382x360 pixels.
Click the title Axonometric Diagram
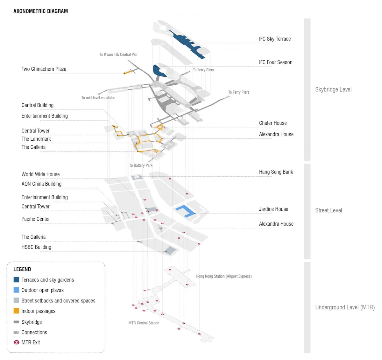click(40, 11)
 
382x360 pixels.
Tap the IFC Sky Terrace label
click(275, 39)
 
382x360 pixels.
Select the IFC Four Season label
click(275, 62)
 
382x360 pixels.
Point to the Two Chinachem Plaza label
click(44, 69)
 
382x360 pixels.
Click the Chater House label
click(273, 123)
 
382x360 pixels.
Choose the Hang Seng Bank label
click(276, 172)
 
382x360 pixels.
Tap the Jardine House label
click(273, 209)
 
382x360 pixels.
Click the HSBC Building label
click(36, 247)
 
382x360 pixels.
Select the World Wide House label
click(40, 174)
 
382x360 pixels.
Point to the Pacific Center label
click(36, 219)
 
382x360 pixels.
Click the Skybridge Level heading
click(333, 89)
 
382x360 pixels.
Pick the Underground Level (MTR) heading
click(345, 307)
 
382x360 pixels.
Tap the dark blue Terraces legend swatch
click(17, 280)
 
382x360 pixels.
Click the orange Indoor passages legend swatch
click(17, 311)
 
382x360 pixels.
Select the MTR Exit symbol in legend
click(17, 342)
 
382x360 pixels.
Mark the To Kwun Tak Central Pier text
click(118, 55)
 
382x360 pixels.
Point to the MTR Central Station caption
click(144, 323)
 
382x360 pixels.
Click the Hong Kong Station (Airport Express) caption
click(223, 276)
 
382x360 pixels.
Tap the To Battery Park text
click(141, 166)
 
